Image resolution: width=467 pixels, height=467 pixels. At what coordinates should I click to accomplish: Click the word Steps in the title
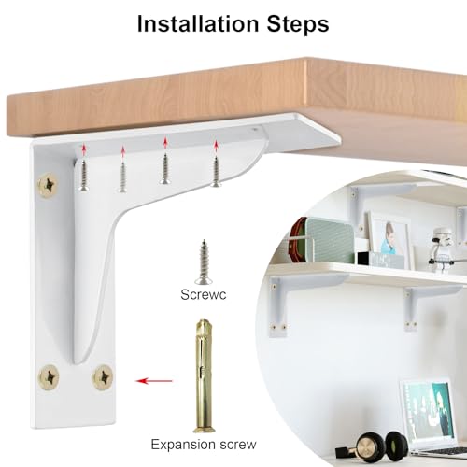tap(297, 23)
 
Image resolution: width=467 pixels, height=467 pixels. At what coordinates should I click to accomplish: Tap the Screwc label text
tap(203, 295)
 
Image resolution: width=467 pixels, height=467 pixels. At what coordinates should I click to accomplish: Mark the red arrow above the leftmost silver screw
tap(82, 148)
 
